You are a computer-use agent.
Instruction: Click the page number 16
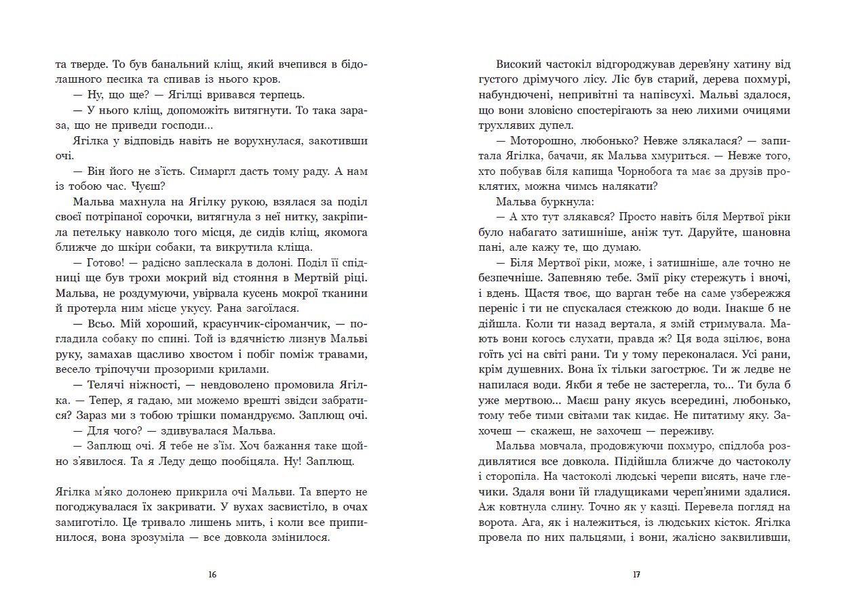(x=212, y=575)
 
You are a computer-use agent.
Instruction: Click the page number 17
(x=635, y=575)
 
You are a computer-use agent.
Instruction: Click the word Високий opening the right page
(x=518, y=65)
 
